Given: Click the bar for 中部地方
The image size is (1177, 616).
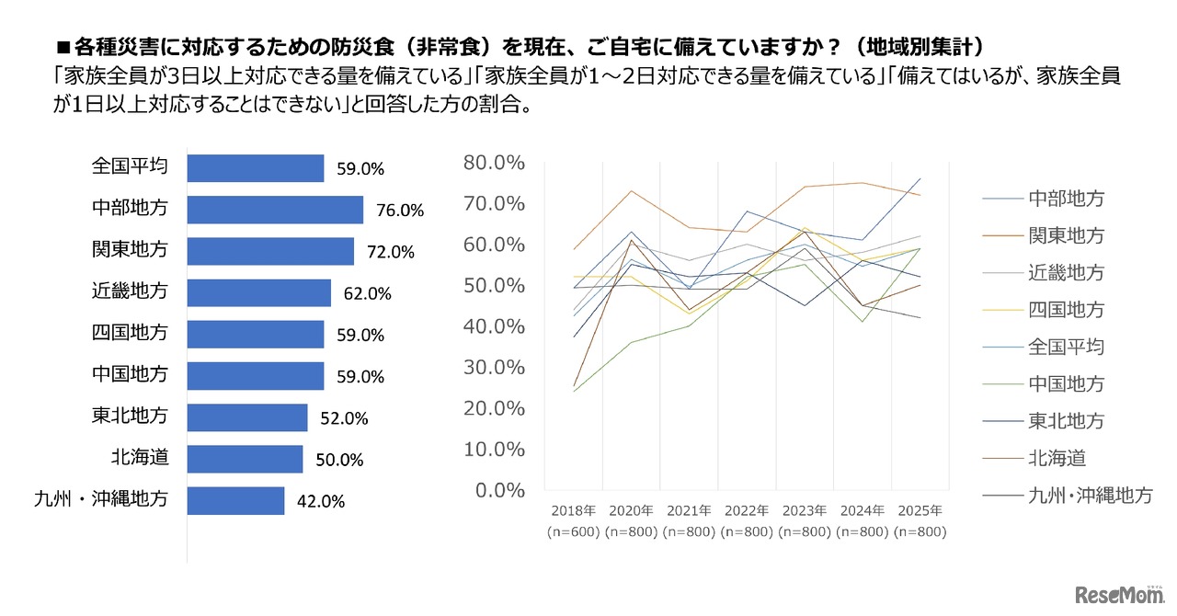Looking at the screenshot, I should (275, 210).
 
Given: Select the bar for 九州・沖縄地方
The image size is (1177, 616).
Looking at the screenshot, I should (235, 501).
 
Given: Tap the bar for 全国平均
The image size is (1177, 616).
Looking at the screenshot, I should (255, 168).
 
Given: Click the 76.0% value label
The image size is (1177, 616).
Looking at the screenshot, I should (399, 211).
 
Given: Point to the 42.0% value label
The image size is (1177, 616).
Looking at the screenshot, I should (320, 502).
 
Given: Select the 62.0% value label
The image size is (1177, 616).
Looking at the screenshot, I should (367, 294).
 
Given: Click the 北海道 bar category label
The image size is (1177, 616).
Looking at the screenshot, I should (144, 457).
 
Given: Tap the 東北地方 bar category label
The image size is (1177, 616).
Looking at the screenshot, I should (130, 416).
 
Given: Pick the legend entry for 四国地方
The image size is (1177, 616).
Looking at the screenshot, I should (1066, 310).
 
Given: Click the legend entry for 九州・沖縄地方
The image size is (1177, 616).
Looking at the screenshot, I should (1090, 496).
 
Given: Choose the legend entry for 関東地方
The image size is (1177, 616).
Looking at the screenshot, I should (1066, 235).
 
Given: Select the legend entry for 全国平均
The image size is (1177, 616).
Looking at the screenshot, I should (1066, 347).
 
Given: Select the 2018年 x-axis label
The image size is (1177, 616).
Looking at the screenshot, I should (573, 510).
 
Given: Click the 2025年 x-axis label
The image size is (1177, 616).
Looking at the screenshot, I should (919, 510).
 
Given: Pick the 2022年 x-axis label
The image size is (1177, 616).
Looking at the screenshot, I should (746, 510).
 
